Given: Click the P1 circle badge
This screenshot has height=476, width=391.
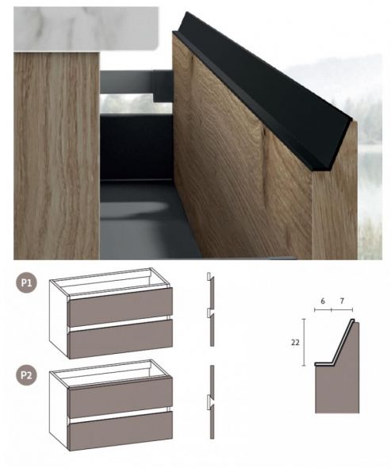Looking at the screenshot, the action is point(26,283).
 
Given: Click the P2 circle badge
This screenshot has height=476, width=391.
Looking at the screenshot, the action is point(26,375).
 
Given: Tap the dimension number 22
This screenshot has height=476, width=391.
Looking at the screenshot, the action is point(295,343).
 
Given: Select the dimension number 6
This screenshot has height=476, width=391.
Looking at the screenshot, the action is point(322,301).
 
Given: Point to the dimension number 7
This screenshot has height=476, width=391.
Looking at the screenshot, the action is point(342,301).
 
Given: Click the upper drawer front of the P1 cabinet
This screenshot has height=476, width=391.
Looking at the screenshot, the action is point(121,306).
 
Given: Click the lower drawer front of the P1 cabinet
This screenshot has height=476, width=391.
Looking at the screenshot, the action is point(121,339).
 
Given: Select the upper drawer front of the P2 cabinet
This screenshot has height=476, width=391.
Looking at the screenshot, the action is point(121,397).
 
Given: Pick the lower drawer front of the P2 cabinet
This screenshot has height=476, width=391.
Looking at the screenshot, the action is point(121,431).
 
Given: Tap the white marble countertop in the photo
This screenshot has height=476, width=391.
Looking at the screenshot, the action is point(86,29).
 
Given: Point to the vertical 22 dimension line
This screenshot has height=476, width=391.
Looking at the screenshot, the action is point(304,342).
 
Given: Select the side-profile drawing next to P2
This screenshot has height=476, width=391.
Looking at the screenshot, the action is point(211,402).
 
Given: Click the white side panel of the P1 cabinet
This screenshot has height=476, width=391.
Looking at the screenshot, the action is point(58,319).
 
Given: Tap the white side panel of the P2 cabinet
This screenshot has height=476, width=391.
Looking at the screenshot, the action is point(58,410).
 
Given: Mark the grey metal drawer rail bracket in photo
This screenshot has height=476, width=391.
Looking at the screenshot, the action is point(136,85).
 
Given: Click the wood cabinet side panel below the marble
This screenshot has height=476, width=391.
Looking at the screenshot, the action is point(56,155).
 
